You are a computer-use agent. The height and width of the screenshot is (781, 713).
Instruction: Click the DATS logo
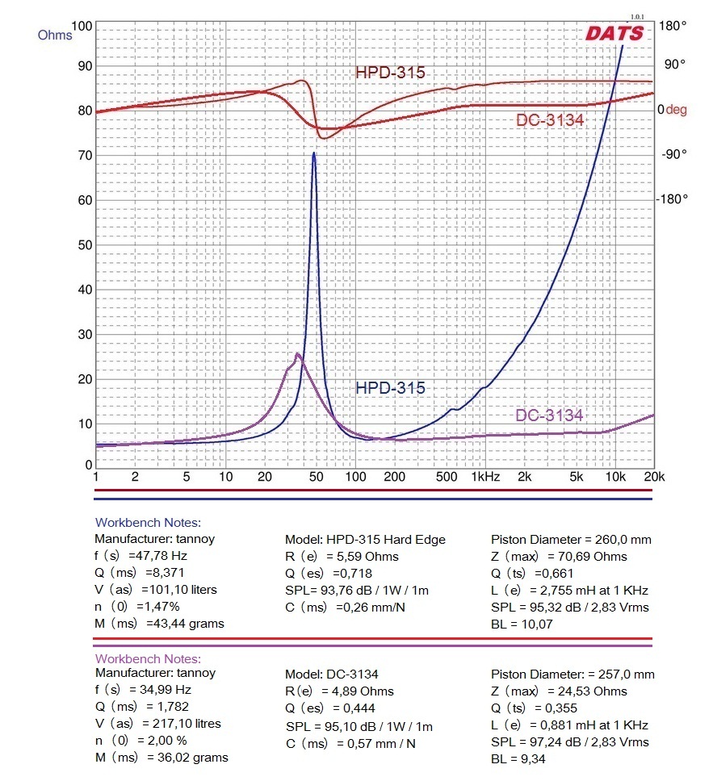click(614, 33)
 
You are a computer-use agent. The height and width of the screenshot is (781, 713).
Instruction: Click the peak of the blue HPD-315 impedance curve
click(313, 152)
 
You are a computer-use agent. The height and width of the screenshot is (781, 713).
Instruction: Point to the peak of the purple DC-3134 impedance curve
click(297, 353)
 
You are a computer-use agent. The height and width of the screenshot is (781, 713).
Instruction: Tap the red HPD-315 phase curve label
click(390, 73)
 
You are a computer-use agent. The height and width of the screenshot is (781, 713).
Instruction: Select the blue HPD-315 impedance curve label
click(390, 387)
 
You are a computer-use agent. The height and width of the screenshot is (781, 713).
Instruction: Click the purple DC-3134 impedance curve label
click(549, 416)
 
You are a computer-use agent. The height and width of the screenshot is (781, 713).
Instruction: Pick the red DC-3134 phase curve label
click(549, 120)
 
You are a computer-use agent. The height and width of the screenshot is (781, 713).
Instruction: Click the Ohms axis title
click(54, 35)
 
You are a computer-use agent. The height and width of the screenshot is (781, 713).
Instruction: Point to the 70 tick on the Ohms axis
click(82, 155)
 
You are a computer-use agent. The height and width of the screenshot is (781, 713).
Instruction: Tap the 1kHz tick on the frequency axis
click(485, 477)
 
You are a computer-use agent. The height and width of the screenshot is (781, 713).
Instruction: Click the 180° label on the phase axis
click(673, 26)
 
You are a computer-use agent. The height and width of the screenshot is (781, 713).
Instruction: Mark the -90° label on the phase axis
click(673, 154)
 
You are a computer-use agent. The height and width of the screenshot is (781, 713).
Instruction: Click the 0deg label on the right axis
click(671, 109)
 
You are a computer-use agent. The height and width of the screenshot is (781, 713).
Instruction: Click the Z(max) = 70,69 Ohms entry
click(559, 556)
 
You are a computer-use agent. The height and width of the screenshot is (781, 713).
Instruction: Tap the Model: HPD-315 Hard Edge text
click(365, 539)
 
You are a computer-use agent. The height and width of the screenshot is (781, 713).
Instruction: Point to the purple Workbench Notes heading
click(148, 659)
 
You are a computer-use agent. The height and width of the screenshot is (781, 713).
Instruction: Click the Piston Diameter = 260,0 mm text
click(571, 539)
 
